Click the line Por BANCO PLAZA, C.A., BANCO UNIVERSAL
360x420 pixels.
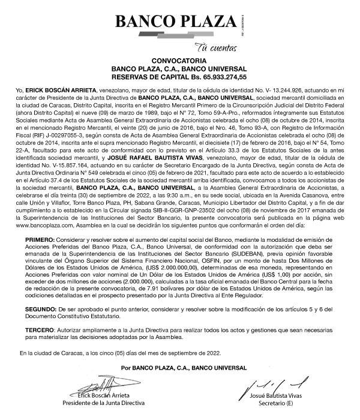click(180, 367)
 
